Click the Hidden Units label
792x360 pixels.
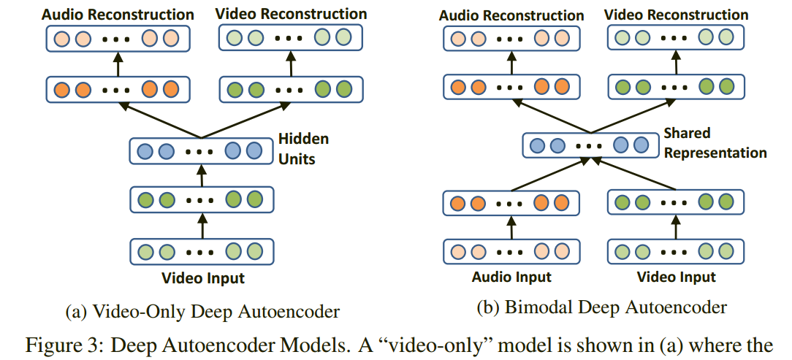tap(302, 148)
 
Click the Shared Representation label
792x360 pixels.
tap(715, 143)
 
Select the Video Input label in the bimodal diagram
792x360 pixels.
tap(676, 277)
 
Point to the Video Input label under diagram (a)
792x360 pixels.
tap(203, 278)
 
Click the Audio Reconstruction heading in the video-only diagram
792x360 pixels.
tap(118, 14)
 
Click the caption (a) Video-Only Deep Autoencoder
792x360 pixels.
tap(202, 312)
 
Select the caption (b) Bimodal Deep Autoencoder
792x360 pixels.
tap(601, 307)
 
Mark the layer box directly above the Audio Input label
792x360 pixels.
tap(511, 252)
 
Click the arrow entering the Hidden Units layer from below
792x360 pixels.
tap(203, 175)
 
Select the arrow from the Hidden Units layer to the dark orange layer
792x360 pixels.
tap(161, 120)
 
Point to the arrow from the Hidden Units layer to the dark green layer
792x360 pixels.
tap(245, 120)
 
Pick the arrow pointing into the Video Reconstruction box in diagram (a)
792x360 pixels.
tap(292, 65)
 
